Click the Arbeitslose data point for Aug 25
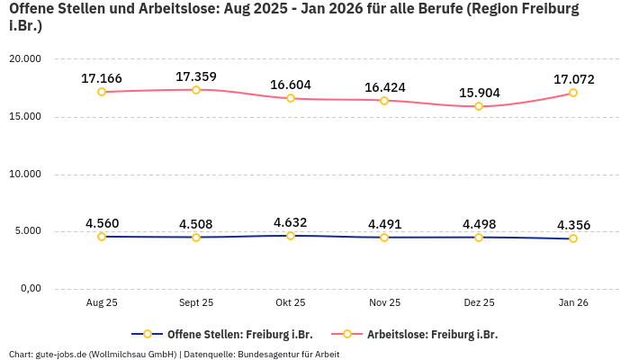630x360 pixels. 102,92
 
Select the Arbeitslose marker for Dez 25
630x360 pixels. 479,106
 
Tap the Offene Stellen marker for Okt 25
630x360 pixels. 291,236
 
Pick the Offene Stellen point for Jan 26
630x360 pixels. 573,238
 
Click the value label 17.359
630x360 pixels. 196,76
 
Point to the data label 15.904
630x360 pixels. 479,93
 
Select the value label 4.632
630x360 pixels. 291,221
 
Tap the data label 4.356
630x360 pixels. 573,225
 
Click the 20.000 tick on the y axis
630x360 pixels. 25,58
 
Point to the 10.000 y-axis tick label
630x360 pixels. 25,174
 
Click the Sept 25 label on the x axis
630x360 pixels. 196,303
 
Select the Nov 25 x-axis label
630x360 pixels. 384,303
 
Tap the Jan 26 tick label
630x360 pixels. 573,303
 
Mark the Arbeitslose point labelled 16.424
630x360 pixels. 384,101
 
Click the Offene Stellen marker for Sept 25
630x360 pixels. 196,237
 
